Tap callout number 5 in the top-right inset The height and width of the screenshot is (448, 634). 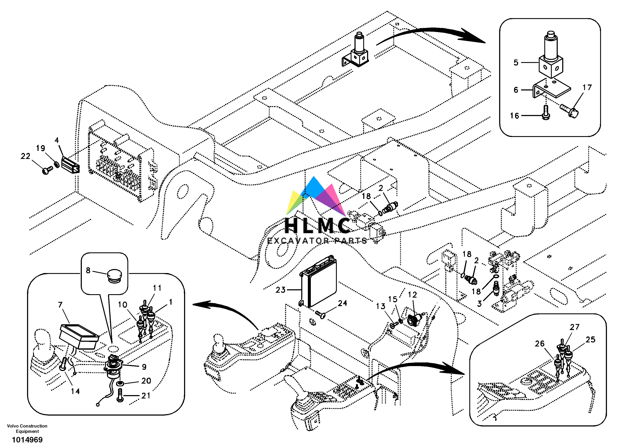(x=516, y=63)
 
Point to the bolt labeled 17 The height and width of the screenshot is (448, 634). (x=570, y=111)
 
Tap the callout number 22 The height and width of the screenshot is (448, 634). (x=25, y=156)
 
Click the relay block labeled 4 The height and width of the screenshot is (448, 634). (x=70, y=165)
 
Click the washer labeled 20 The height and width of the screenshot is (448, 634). (x=120, y=384)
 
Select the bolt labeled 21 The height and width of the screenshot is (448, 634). (x=120, y=396)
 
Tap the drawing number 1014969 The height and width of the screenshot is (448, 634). (x=27, y=440)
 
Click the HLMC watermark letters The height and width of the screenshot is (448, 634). (x=318, y=225)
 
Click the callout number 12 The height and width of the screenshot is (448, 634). (x=412, y=295)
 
